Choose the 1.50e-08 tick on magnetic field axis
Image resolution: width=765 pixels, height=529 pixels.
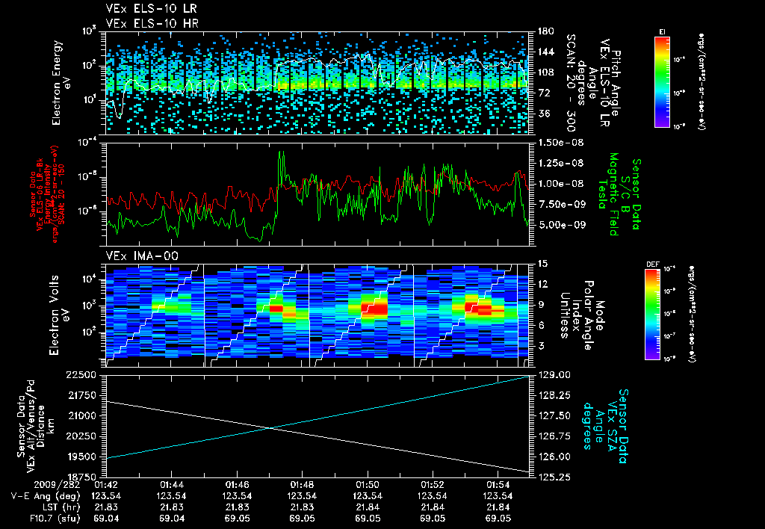pyautogui.click(x=562, y=142)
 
